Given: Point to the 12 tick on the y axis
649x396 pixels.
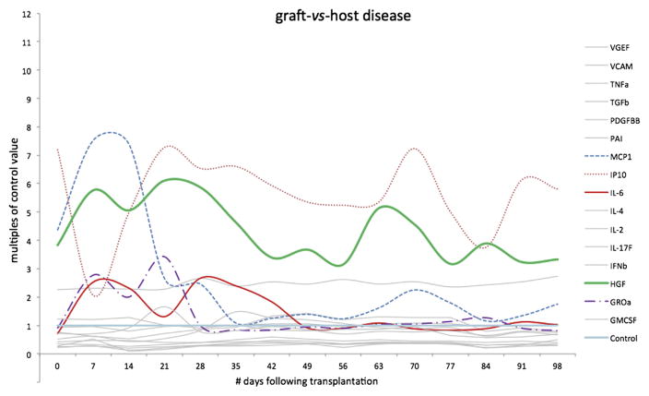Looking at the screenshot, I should tap(34, 15).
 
